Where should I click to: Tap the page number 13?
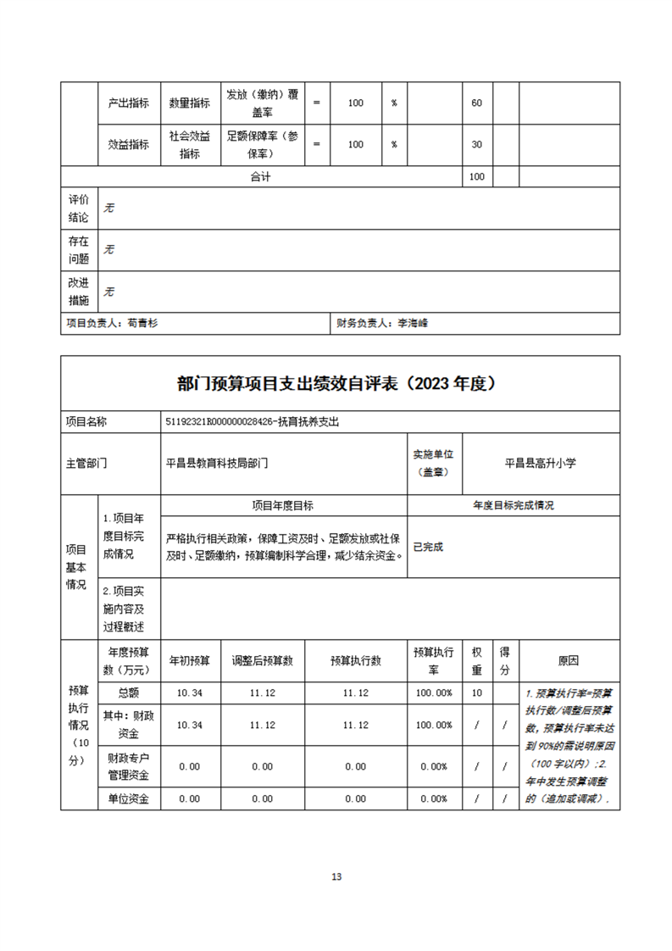[x=336, y=876]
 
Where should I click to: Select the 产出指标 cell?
[x=129, y=103]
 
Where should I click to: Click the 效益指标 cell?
[x=129, y=144]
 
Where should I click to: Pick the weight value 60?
[x=476, y=103]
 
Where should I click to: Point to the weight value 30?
[x=476, y=144]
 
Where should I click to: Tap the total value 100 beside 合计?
[x=476, y=176]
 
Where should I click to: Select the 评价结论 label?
[x=78, y=208]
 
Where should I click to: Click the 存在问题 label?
[x=78, y=249]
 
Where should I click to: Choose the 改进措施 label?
[x=78, y=291]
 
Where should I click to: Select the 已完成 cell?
[x=427, y=547]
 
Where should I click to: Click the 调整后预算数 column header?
[x=262, y=660]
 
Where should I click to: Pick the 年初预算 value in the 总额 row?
[x=189, y=692]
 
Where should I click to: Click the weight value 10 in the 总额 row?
[x=476, y=692]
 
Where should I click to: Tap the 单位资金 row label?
[x=129, y=798]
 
